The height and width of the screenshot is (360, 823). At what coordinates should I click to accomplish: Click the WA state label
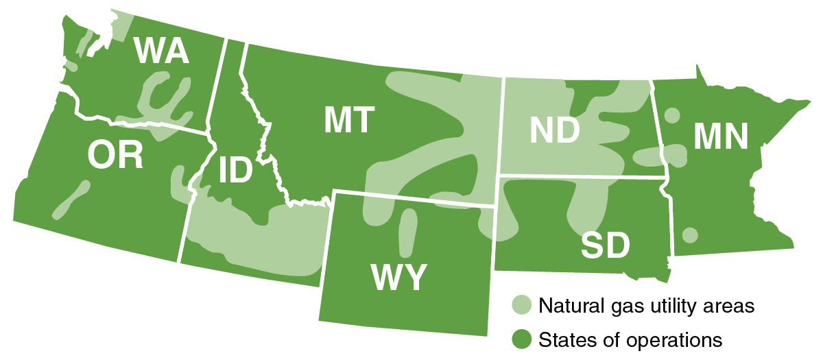click(162, 51)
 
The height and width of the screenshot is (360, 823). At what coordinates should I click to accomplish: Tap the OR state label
click(115, 156)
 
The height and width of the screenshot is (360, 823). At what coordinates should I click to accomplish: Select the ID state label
click(235, 171)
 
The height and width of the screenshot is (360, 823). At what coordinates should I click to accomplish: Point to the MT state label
click(350, 120)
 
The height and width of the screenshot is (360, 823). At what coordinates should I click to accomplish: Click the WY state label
click(399, 278)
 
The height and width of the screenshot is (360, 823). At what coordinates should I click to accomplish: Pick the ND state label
click(555, 130)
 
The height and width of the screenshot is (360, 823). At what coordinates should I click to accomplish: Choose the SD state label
click(606, 245)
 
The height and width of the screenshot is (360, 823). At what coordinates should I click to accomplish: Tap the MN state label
click(720, 136)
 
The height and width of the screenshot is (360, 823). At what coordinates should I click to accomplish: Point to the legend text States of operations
click(630, 338)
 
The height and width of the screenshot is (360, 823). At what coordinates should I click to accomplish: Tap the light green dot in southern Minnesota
click(691, 235)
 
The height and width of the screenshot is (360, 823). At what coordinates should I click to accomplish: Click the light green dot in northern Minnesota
click(673, 115)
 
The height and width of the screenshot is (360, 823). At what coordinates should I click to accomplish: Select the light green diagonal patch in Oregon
click(70, 200)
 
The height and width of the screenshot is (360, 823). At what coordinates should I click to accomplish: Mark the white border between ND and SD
click(583, 177)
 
